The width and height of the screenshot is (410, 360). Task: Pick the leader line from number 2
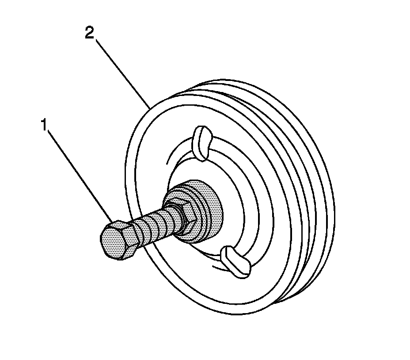coord(121,71)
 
